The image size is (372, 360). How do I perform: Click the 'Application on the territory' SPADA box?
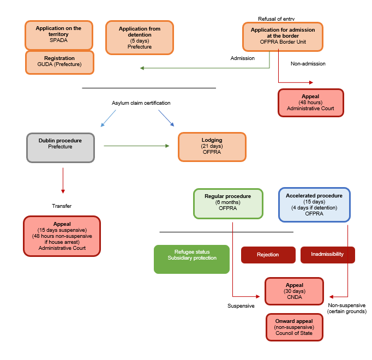pos(59,35)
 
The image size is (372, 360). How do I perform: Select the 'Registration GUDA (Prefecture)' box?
pos(59,62)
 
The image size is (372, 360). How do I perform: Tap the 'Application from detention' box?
pos(140,37)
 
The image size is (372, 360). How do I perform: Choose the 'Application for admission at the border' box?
pos(283,35)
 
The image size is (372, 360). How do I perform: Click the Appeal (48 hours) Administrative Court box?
pos(310,103)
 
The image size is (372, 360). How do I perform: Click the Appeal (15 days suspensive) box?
pos(62,236)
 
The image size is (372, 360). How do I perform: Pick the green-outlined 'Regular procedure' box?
pos(227,203)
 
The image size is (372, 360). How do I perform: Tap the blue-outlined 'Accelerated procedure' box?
pos(314,205)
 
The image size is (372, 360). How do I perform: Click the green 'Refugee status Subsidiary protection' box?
pos(191,259)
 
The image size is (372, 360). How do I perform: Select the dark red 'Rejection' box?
pos(268,255)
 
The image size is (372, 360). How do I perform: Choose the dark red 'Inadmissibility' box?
pos(327,255)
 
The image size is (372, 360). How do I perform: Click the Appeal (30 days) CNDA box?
pos(294,291)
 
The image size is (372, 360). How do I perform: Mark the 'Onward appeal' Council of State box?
pos(294,327)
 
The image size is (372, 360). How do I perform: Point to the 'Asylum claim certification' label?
pos(141,103)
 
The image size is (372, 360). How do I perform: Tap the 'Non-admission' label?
pos(308,64)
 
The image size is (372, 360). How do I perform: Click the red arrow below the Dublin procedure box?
pos(63,180)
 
